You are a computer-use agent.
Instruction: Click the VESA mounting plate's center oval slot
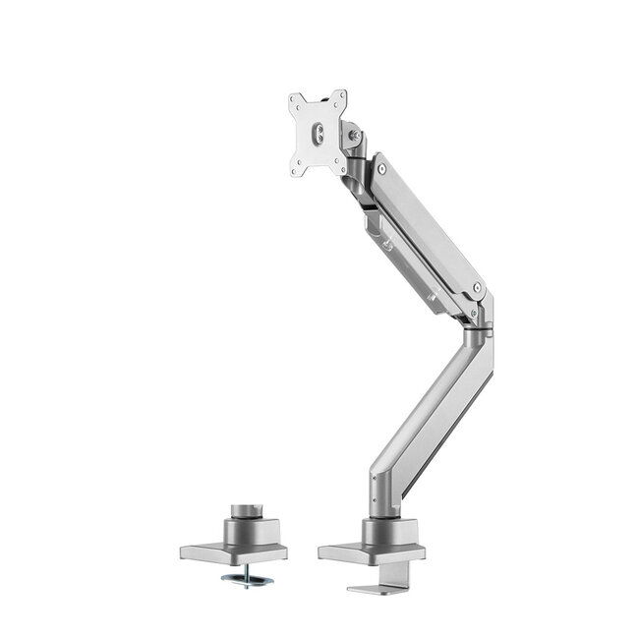coord(318,134)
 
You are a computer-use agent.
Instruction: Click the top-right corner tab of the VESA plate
coord(340,97)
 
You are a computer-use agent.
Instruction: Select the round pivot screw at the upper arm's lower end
coord(478,289)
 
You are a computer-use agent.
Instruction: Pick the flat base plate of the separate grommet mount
coord(211,551)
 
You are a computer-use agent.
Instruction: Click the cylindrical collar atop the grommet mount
coord(245,512)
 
